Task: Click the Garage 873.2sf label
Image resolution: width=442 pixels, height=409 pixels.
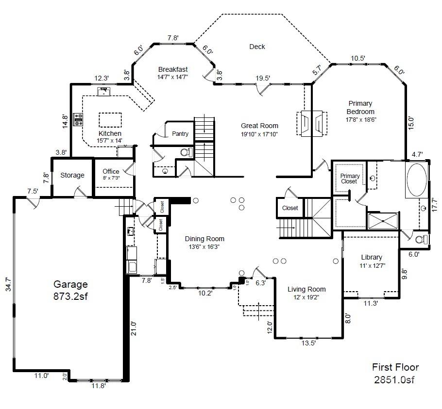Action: tap(70, 290)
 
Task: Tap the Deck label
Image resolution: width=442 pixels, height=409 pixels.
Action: tap(257, 47)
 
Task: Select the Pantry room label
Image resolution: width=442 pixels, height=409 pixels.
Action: tap(180, 133)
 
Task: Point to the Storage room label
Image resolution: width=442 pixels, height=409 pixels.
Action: tap(72, 175)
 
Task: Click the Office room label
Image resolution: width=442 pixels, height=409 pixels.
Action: tap(111, 171)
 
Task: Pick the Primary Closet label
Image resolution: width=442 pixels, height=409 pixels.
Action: tap(349, 179)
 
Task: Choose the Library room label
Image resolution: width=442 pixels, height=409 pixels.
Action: tap(372, 257)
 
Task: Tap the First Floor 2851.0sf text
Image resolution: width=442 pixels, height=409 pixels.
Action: tap(395, 373)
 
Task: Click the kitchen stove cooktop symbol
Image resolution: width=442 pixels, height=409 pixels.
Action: tap(78, 119)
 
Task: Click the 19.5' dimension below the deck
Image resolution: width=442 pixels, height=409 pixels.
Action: tap(263, 78)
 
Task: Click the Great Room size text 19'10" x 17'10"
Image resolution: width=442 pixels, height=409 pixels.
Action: tap(259, 134)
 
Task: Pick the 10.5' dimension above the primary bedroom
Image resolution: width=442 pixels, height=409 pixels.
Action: tap(357, 58)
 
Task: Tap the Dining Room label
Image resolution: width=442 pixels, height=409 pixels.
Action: tap(204, 239)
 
